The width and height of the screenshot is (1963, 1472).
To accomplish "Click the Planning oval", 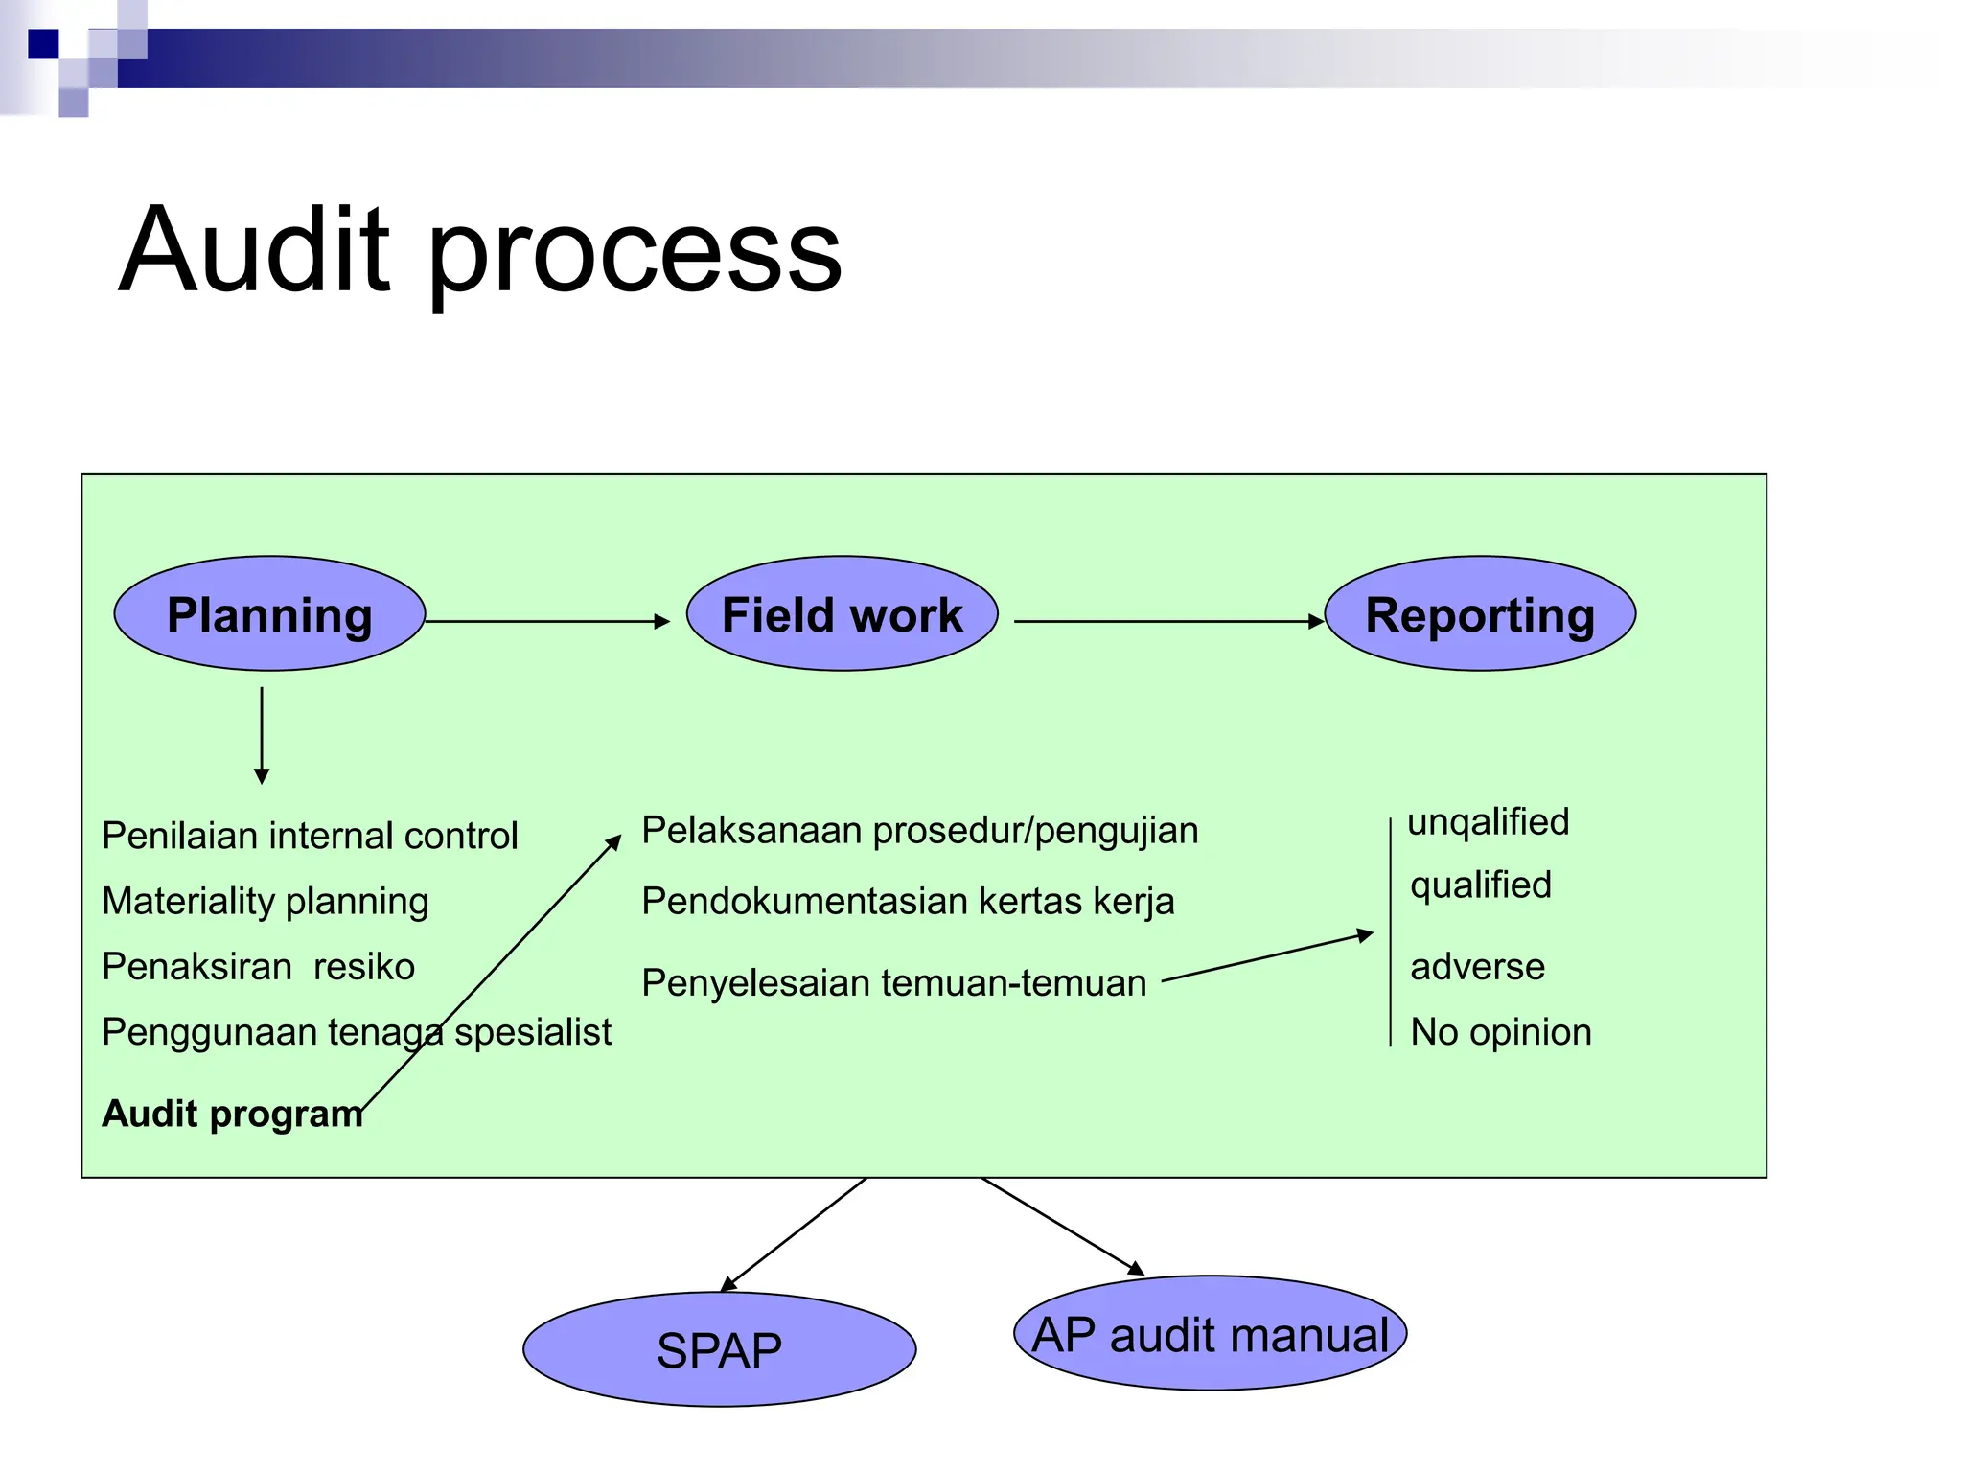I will click(269, 613).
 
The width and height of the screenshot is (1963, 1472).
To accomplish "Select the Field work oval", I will click(842, 613).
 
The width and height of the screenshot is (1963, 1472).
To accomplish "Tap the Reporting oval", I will click(1479, 613).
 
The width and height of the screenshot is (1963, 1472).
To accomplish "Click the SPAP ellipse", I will click(719, 1349).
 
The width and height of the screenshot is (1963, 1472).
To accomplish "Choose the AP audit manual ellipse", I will click(1210, 1333).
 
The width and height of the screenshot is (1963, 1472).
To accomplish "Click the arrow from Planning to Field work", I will click(546, 621).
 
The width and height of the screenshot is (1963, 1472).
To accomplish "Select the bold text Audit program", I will click(232, 1114).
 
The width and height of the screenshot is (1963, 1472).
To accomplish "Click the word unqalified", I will click(1488, 821).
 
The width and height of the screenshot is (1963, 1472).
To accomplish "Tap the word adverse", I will click(1477, 966).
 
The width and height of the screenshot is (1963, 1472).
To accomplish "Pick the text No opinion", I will click(1500, 1032).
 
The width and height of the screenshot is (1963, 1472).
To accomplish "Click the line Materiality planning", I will click(266, 901).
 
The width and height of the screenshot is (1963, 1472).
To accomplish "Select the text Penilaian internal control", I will click(310, 836).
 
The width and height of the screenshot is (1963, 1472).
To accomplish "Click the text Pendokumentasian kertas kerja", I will click(907, 901).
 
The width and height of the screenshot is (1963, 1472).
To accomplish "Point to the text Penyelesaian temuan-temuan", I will click(893, 983).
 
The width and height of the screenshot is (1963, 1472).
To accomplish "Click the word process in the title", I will click(634, 254).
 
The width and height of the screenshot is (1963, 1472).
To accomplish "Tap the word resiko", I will click(364, 966).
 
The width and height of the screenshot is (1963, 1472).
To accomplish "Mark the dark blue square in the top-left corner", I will click(43, 44).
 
